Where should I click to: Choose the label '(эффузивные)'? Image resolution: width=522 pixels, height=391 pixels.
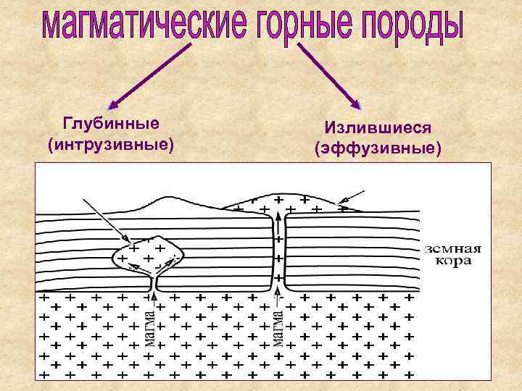pyautogui.click(x=378, y=149)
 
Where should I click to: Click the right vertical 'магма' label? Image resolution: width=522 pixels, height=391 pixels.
pyautogui.click(x=277, y=327)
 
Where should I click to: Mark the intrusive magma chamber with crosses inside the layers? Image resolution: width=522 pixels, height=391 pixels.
pyautogui.click(x=147, y=254)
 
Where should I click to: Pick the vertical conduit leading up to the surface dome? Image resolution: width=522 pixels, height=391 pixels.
pyautogui.click(x=277, y=250)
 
